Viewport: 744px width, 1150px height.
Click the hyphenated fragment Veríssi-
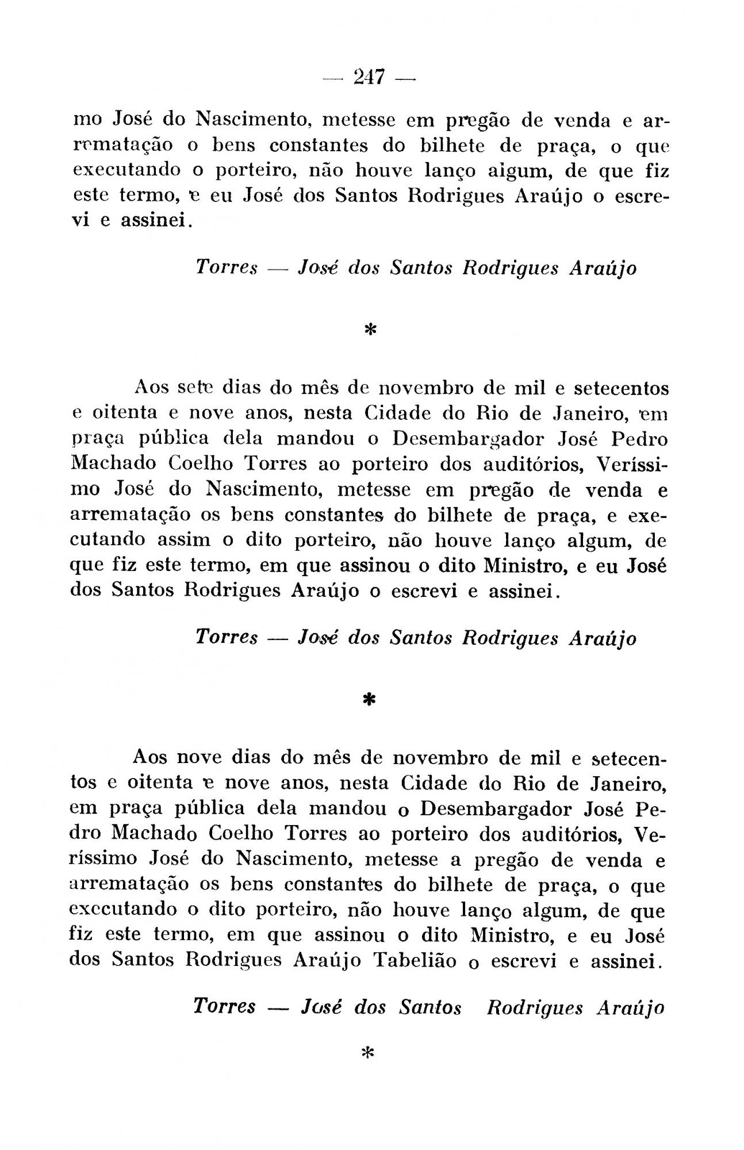(x=632, y=463)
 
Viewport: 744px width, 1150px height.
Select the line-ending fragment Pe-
(x=651, y=808)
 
